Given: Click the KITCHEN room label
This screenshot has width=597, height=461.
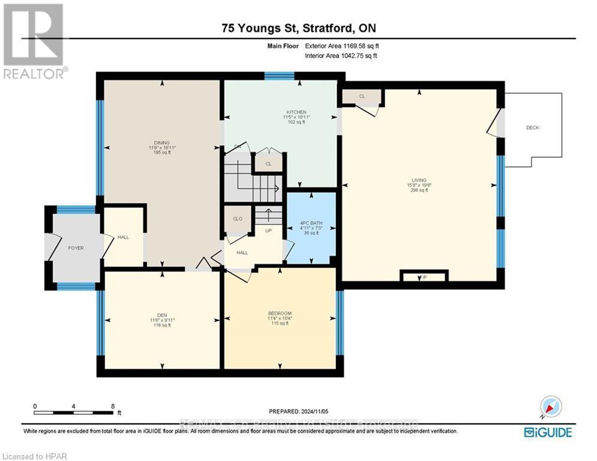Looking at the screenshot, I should coord(296,112).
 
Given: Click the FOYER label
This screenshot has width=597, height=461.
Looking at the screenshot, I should coord(76,248).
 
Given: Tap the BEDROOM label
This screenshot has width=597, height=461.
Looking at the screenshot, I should coord(280,313).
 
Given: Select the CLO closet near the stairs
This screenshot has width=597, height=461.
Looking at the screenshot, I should coord(238,218).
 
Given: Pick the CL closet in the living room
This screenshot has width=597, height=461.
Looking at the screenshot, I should coord(362,96).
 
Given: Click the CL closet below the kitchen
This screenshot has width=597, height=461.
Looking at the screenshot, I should coord(269,163).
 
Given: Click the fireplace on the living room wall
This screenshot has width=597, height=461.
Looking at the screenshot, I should coord(424,277).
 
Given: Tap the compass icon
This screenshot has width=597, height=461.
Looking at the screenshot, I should coord(550,407).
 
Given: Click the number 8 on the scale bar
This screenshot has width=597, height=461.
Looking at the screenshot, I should coord(113,406).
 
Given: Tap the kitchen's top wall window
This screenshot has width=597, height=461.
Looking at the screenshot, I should coord(280,76).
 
